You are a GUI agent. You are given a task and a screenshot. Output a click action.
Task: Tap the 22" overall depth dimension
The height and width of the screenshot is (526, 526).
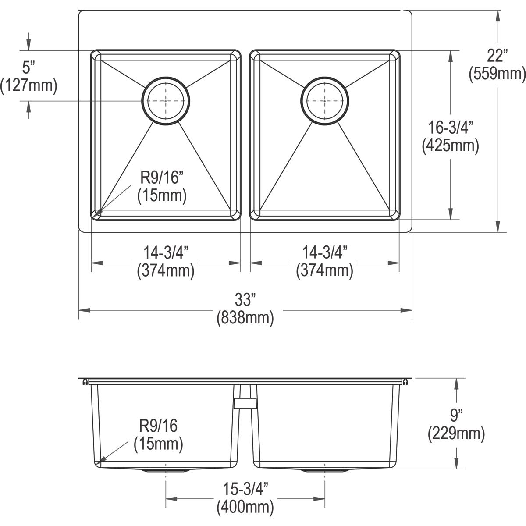(498, 56)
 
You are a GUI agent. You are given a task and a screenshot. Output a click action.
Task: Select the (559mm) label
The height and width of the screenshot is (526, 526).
(498, 74)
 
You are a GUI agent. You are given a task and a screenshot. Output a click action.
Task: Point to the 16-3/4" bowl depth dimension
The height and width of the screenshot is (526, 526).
(451, 128)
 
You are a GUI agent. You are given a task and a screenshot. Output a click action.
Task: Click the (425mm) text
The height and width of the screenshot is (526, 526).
(451, 146)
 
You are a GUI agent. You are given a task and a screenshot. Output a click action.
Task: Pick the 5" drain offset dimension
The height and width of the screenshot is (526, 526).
(28, 68)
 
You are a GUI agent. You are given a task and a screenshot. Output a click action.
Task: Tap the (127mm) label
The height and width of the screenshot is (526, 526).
(28, 86)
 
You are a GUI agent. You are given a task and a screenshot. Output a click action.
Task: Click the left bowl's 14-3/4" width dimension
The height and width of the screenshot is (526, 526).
(166, 252)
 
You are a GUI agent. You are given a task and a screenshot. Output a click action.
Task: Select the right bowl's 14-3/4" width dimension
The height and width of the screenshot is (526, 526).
(325, 252)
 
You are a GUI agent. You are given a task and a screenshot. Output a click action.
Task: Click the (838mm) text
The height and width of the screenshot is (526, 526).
(245, 318)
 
